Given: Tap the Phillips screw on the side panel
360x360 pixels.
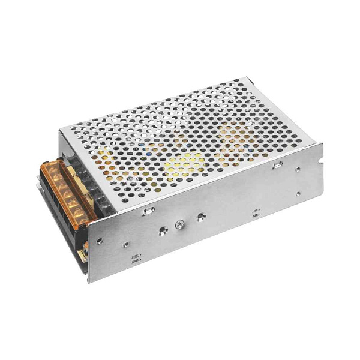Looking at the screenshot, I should (x=178, y=224).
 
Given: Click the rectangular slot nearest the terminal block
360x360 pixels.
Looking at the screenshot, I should (x=148, y=210).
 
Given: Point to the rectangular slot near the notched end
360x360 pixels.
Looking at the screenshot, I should (x=277, y=165).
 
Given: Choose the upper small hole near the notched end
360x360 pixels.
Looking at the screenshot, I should (x=298, y=169).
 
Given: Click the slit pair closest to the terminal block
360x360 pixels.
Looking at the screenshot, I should (x=136, y=260).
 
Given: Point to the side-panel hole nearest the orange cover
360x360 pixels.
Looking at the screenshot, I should (x=100, y=241).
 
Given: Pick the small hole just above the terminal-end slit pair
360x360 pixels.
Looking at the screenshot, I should (x=125, y=245).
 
